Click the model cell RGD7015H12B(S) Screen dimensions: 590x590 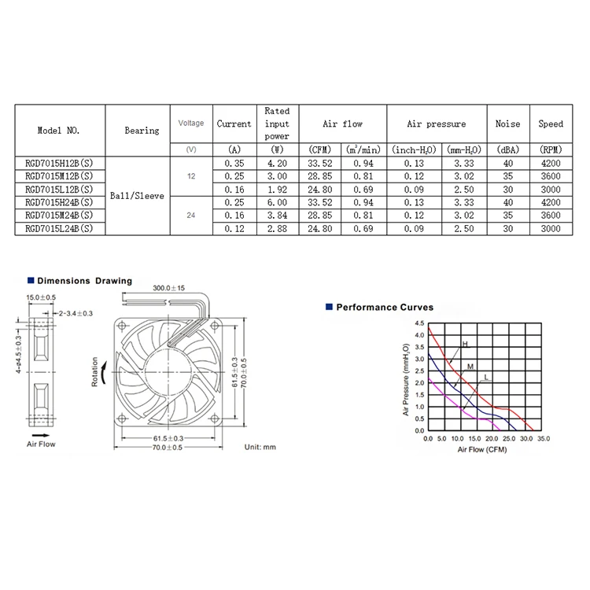pos(59,164)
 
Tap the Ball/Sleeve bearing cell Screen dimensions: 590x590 pos(142,195)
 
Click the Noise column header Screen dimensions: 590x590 pos(507,124)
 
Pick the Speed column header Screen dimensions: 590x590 pos(551,124)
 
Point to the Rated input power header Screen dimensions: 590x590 pos(277,124)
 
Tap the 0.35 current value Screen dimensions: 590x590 pos(234,164)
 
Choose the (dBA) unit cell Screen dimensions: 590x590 pos(507,149)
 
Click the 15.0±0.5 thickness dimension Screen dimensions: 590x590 pos(42,297)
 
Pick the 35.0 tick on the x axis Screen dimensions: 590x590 pos(544,437)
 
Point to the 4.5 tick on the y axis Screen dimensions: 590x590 pos(418,324)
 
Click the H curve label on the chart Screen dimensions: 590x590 pos(464,345)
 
